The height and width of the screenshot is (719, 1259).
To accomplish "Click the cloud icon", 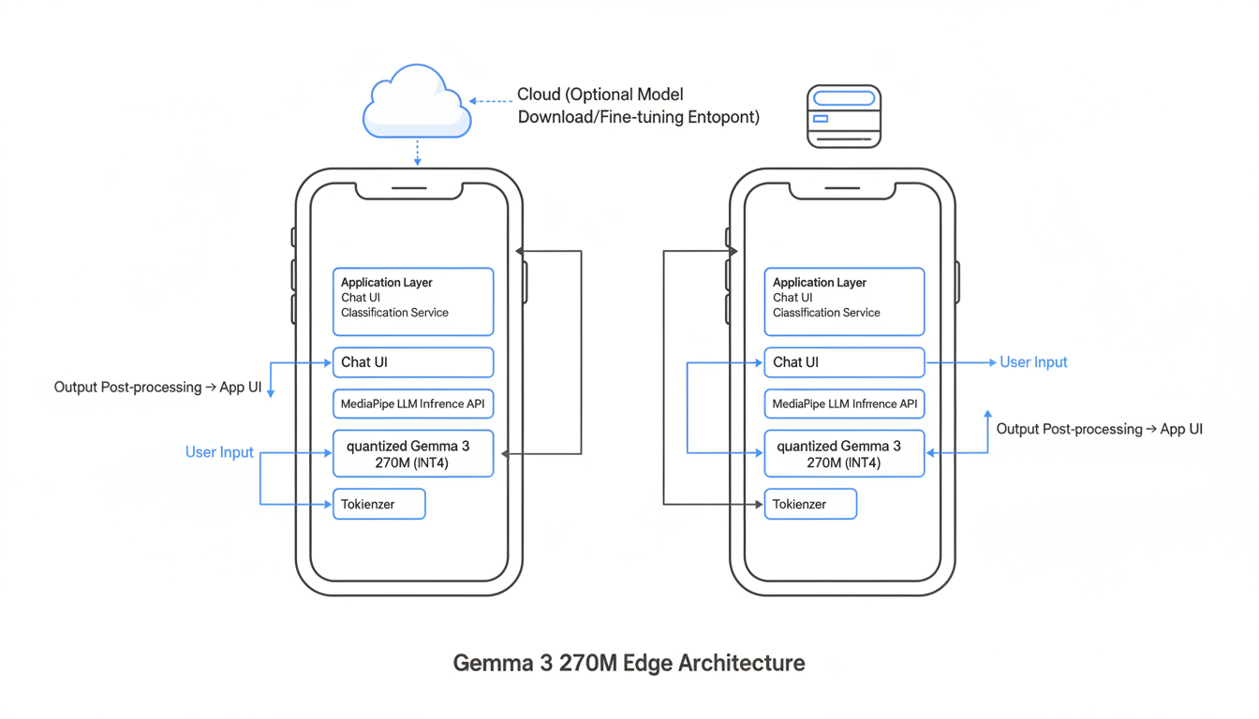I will point(417,103).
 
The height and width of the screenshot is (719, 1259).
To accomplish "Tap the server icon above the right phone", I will point(844,116).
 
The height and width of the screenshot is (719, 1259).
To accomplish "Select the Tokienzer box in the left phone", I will point(379,504).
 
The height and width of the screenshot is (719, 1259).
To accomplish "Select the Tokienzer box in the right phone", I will point(810,504).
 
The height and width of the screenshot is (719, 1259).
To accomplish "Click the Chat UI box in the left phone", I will point(413,362).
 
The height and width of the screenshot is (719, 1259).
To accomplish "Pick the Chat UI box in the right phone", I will point(844,362).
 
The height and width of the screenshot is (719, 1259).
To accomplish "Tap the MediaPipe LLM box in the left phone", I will point(413,404).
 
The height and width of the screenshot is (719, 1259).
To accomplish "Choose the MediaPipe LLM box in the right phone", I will point(844,404).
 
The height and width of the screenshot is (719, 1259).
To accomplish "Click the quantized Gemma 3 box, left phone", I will point(413,453).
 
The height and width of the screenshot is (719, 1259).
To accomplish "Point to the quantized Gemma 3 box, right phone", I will point(844,453).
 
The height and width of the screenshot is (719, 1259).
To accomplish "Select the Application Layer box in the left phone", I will point(413,301).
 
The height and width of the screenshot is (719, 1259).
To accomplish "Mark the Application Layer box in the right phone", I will point(844,301).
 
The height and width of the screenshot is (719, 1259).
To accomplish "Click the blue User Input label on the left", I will point(219,452).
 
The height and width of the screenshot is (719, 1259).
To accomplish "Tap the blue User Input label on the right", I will point(1033,362).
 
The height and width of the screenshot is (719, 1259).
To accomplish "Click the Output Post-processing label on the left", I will point(157,388).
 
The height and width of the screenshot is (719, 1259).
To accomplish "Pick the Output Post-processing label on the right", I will point(1099,429).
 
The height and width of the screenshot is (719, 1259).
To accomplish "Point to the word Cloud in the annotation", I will point(541,95).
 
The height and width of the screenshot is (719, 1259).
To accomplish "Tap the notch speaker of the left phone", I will point(409,188).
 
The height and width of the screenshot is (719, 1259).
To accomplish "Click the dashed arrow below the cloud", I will point(418,153).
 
